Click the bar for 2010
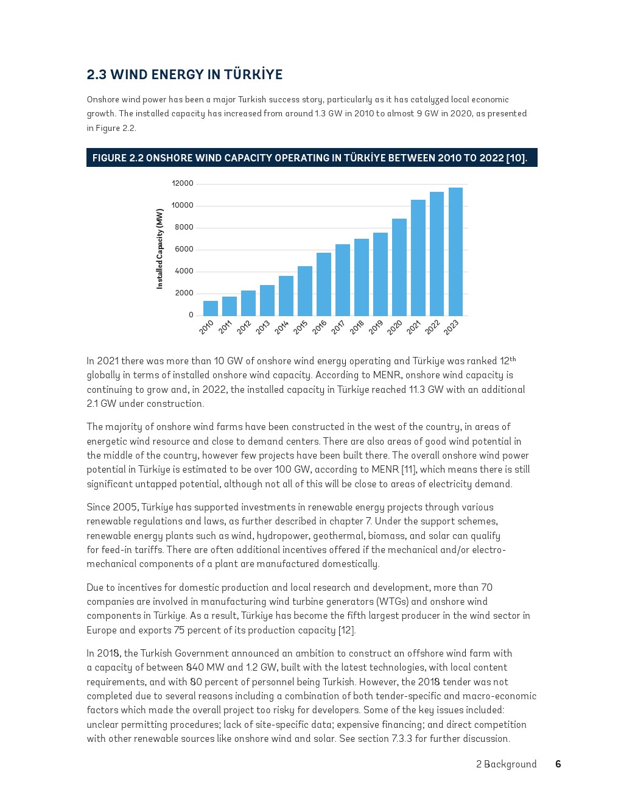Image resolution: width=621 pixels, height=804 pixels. (210, 308)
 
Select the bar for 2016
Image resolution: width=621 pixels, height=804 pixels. (323, 284)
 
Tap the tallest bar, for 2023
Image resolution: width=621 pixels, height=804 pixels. (455, 252)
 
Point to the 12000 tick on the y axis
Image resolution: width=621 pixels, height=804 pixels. (183, 183)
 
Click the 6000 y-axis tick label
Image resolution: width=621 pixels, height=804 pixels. (184, 249)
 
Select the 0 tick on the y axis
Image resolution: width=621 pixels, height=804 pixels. (191, 315)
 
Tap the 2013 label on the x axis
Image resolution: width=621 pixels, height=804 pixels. (263, 327)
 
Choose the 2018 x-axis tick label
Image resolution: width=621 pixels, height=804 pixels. (357, 327)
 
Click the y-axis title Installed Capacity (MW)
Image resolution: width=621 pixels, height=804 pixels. (160, 249)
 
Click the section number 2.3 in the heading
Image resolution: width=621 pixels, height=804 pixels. (96, 75)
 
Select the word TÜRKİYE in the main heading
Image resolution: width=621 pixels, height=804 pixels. (253, 75)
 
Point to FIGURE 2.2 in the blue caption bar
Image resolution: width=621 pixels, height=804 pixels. (118, 158)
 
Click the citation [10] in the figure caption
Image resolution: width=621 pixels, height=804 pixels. (515, 158)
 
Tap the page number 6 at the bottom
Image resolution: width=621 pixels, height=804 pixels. (558, 764)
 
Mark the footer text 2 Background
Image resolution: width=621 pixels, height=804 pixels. (507, 764)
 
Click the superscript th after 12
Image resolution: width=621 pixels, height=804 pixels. (513, 359)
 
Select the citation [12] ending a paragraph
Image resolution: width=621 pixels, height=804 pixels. (346, 630)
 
